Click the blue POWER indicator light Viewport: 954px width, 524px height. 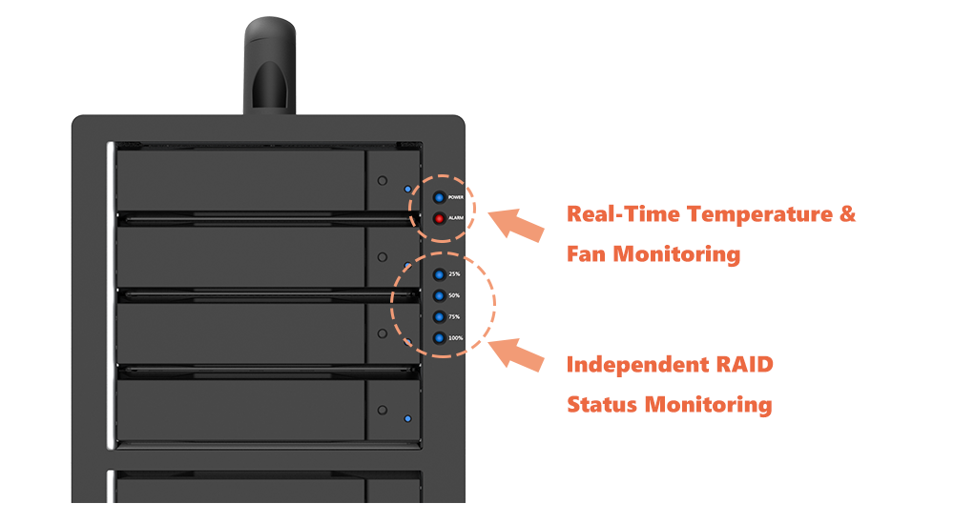pos(439,197)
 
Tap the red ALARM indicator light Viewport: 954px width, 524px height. pos(439,218)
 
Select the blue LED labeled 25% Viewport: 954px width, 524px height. pos(439,274)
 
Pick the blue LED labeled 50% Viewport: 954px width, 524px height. pos(439,296)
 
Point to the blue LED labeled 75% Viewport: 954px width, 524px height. pos(439,316)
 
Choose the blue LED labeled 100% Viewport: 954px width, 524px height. pos(439,338)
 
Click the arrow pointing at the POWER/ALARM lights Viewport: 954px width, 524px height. pos(516,224)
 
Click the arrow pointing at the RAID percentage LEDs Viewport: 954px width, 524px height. pos(516,354)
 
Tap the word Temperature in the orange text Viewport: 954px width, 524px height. pos(760,214)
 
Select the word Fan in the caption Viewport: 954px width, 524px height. pos(587,253)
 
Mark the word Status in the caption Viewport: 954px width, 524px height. pos(602,404)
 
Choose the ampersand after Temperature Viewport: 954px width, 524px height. pos(848,213)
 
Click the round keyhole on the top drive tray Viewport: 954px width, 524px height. pos(383,181)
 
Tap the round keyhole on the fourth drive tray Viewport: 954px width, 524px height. pos(383,411)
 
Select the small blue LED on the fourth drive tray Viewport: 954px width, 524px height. pos(407,419)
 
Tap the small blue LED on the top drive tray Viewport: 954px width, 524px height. pos(407,189)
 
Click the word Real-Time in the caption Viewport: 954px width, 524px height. pos(623,214)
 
